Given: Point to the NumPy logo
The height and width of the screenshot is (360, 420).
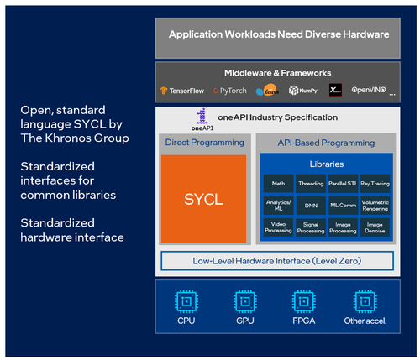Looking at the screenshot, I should (x=304, y=89).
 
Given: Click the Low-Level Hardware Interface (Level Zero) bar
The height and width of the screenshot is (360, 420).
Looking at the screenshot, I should (x=278, y=261).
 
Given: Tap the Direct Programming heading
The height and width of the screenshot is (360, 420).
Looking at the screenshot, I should (x=205, y=142).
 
